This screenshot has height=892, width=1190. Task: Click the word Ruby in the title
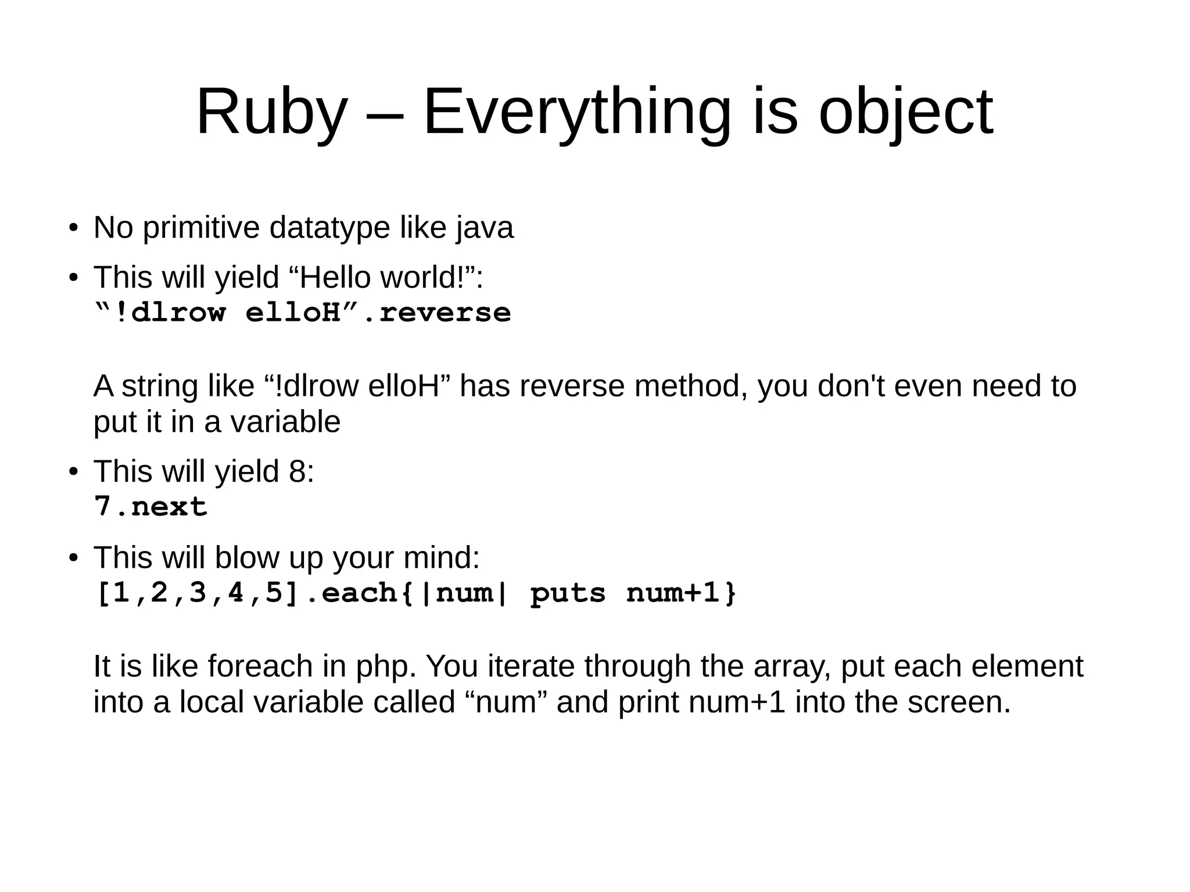pos(271,112)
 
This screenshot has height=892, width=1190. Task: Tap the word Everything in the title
pos(576,112)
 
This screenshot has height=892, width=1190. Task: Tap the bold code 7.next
pos(150,507)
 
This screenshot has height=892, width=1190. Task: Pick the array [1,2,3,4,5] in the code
pos(197,593)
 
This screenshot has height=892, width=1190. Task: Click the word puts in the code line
pos(568,593)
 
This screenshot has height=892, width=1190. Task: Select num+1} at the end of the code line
pos(682,593)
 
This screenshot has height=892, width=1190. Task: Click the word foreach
pos(260,667)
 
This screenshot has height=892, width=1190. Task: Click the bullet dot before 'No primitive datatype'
pos(73,228)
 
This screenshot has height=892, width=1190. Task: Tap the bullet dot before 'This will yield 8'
pos(73,471)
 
